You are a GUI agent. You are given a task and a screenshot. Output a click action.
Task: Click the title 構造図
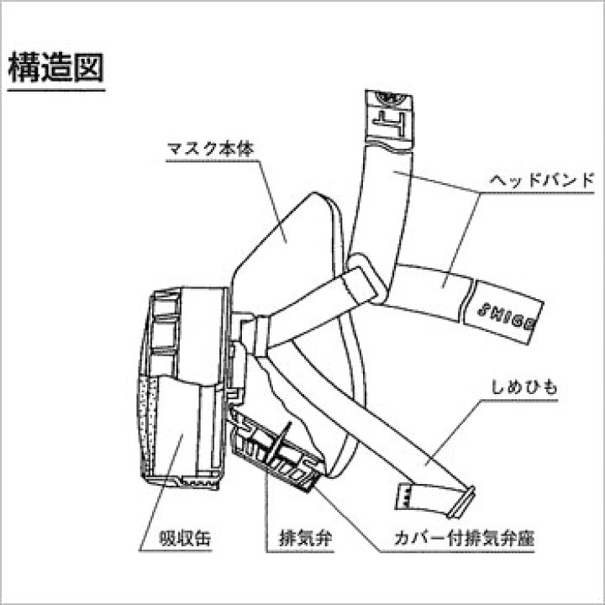[56, 67]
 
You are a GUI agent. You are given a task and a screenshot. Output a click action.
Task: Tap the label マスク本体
[211, 149]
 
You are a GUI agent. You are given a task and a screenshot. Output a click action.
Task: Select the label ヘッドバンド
[541, 180]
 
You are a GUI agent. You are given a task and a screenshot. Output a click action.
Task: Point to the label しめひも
[524, 387]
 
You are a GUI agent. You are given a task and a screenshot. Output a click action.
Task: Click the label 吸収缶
[185, 538]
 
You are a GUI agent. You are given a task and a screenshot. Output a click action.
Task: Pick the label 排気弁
[306, 538]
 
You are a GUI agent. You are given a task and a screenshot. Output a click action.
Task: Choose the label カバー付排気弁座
[464, 538]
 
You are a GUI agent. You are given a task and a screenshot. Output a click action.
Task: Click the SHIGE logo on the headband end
[507, 314]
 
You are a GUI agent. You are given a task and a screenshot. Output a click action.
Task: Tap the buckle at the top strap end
[389, 118]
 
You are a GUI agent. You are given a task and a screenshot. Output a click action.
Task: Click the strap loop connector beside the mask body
[365, 278]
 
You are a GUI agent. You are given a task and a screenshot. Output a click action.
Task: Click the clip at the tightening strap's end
[462, 502]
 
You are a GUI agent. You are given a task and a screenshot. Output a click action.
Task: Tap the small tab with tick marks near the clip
[404, 497]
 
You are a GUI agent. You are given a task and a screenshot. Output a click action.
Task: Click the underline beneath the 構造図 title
[56, 91]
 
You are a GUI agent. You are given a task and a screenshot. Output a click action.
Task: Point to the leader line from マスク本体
[272, 201]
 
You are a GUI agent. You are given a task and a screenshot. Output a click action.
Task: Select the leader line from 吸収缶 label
[160, 492]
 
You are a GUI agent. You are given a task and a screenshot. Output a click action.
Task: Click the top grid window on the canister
[166, 302]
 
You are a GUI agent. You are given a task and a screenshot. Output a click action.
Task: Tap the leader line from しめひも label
[454, 432]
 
